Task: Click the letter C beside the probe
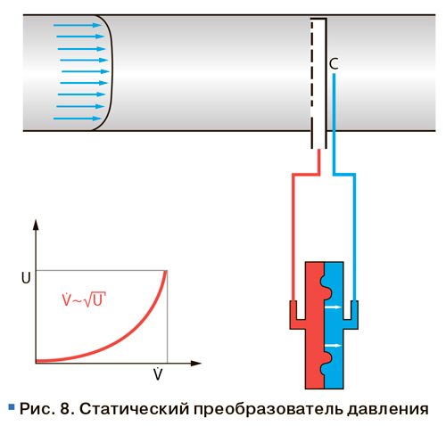click(x=334, y=63)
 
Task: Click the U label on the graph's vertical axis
click(x=26, y=278)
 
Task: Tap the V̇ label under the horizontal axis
click(x=158, y=373)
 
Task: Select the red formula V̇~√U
click(x=84, y=299)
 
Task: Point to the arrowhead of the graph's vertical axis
click(x=36, y=225)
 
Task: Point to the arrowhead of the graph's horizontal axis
click(x=196, y=363)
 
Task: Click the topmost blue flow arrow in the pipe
click(x=78, y=25)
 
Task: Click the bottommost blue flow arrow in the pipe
click(x=78, y=119)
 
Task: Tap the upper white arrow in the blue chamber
click(x=333, y=307)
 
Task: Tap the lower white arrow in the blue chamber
click(x=333, y=346)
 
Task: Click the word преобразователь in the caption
click(x=268, y=409)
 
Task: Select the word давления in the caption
click(x=388, y=410)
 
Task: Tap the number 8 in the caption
click(x=65, y=409)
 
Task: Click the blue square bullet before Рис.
click(x=12, y=406)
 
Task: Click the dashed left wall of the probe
click(x=312, y=83)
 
